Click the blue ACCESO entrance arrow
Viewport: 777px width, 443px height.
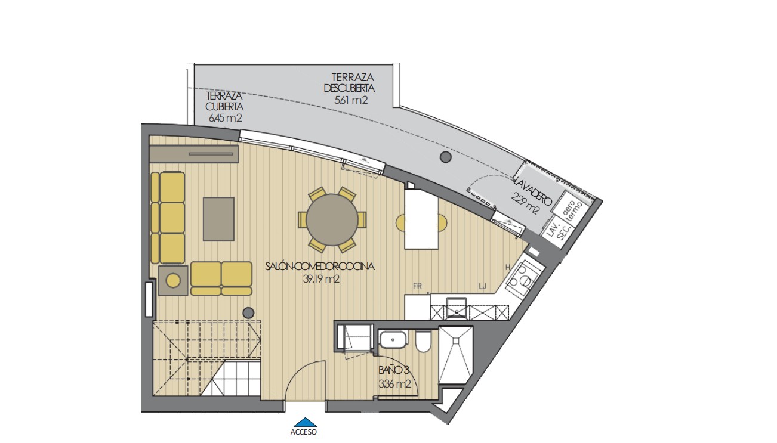coord(304,422)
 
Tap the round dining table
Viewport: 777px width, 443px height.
coord(333,219)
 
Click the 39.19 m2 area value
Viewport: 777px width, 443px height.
coord(321,278)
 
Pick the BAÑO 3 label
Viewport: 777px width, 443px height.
coord(394,370)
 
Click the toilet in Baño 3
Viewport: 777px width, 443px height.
coord(423,342)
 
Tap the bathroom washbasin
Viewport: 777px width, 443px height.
coord(393,340)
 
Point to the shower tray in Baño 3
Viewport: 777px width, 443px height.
coord(455,354)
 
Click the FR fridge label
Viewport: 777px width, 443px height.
coord(417,287)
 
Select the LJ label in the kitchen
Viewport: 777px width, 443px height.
coord(482,287)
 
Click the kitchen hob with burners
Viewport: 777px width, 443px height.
coord(523,276)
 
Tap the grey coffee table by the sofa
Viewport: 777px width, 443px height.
coord(219,219)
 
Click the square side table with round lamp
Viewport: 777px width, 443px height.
coord(174,280)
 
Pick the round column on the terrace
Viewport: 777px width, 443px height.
coord(445,157)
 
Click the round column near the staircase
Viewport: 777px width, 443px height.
coord(248,312)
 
